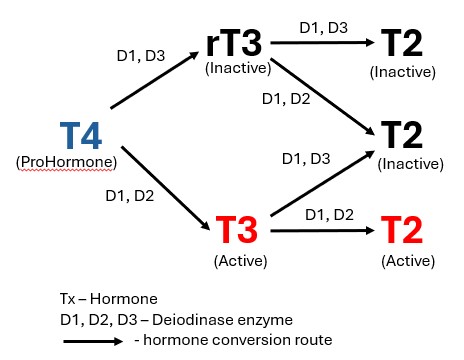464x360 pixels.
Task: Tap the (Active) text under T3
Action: click(238, 259)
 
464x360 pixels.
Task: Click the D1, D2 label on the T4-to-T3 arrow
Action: click(130, 196)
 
